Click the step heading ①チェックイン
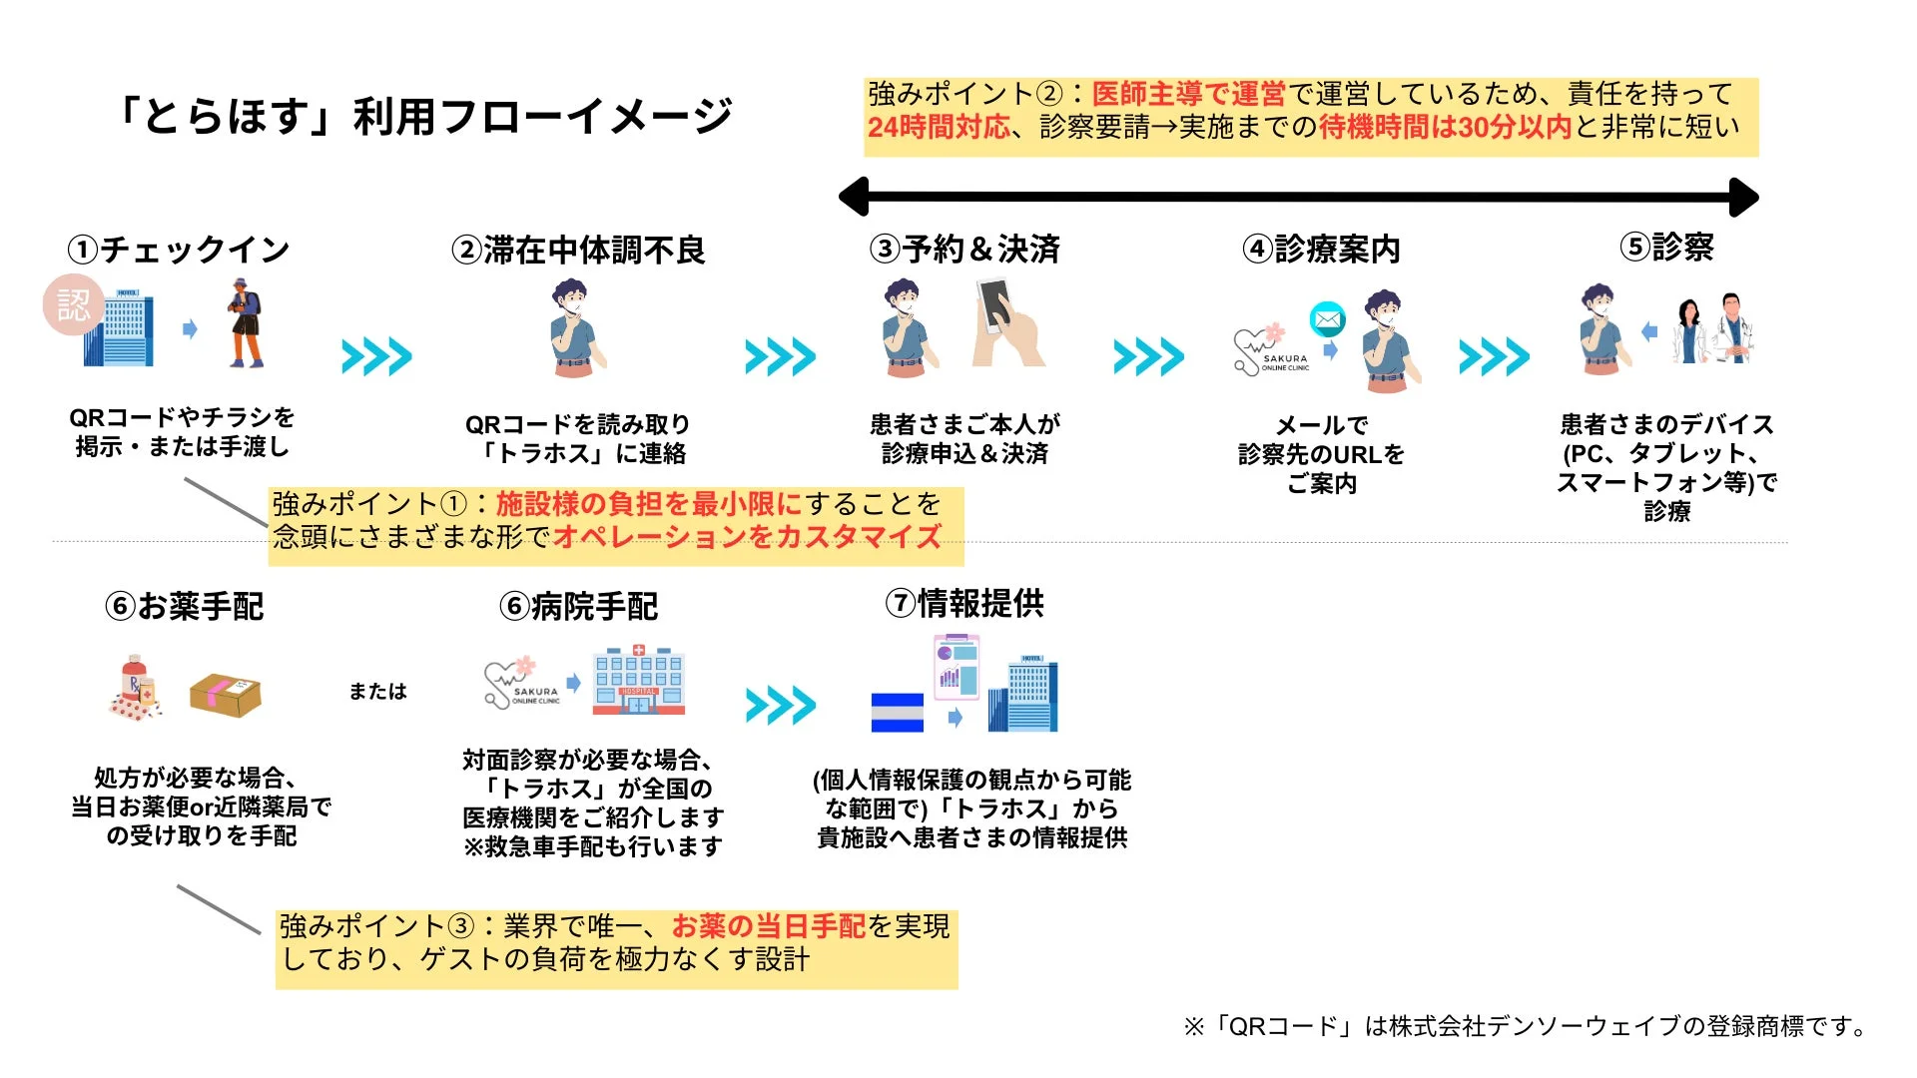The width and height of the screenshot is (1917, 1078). pyautogui.click(x=179, y=249)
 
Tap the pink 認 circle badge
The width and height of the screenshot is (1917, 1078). pyautogui.click(x=73, y=304)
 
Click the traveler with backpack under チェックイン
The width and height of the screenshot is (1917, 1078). pyautogui.click(x=244, y=323)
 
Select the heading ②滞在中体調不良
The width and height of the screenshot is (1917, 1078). pyautogui.click(x=578, y=250)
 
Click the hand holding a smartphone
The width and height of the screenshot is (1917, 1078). pyautogui.click(x=1006, y=324)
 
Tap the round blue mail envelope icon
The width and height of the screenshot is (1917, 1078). pyautogui.click(x=1327, y=319)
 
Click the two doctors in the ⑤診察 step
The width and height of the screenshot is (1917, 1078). pyautogui.click(x=1715, y=329)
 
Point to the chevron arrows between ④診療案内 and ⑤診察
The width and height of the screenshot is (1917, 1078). pyautogui.click(x=1494, y=356)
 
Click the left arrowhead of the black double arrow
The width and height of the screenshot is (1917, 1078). pyautogui.click(x=855, y=197)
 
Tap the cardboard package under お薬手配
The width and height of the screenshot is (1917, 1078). pyautogui.click(x=225, y=695)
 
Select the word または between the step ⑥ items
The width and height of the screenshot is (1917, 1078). pyautogui.click(x=377, y=691)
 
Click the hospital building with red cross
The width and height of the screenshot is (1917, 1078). pyautogui.click(x=638, y=681)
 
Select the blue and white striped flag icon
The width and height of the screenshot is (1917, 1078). pyautogui.click(x=897, y=712)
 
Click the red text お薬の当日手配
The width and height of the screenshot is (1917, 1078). pyautogui.click(x=768, y=926)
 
